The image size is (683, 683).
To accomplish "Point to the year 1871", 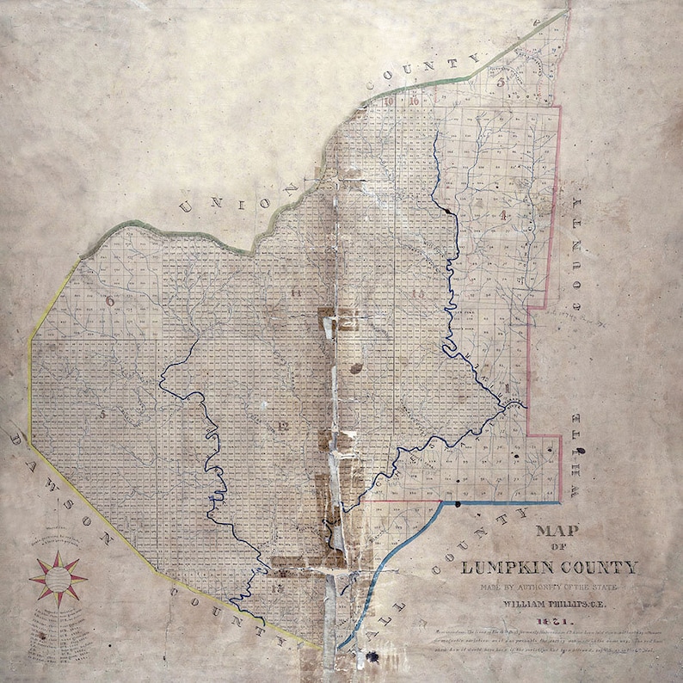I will coord(550,621).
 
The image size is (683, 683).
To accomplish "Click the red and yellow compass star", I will coord(58,579).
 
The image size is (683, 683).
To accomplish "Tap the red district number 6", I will coord(110,300).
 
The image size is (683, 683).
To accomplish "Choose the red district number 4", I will coord(502,214).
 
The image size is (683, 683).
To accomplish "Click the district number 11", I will coord(296,294).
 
